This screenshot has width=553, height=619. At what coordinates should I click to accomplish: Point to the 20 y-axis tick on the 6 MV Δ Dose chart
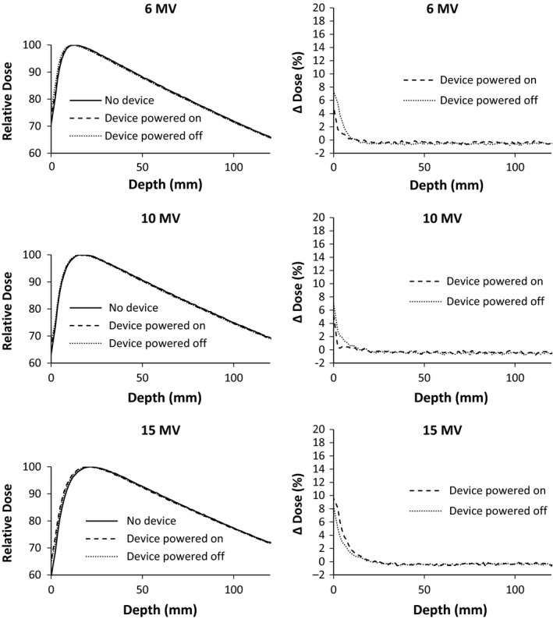[x=320, y=8]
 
